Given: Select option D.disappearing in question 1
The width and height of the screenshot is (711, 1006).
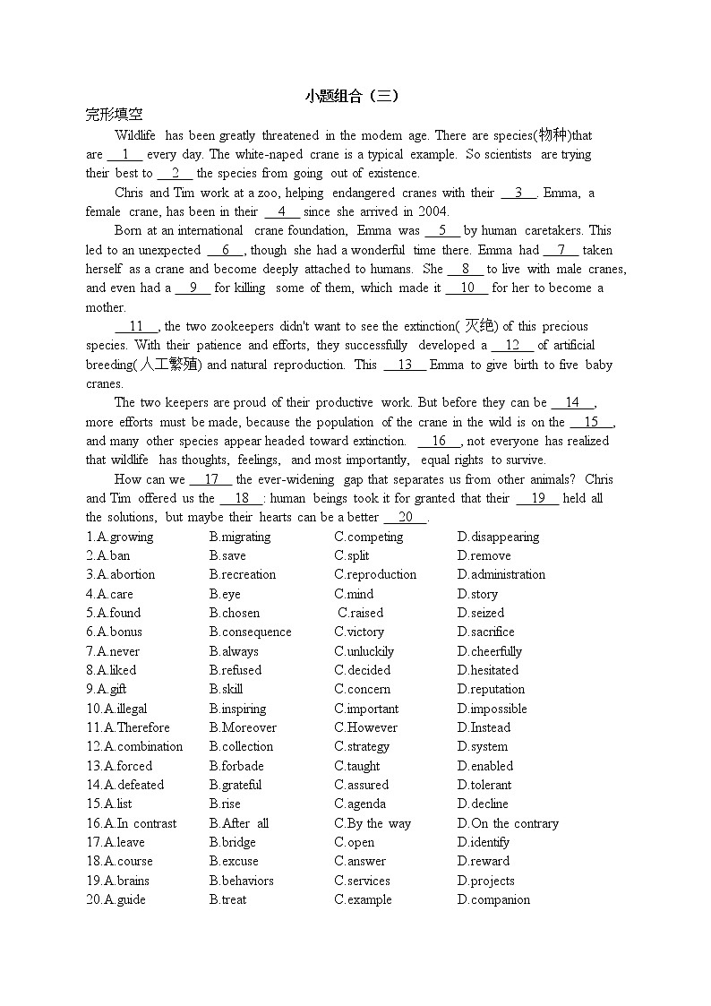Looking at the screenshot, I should click(x=498, y=537).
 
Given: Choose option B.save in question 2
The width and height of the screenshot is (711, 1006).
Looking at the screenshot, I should click(x=227, y=555).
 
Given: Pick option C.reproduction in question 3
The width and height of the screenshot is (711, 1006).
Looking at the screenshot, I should click(x=375, y=574).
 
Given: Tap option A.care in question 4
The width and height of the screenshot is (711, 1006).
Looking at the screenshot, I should click(x=109, y=594).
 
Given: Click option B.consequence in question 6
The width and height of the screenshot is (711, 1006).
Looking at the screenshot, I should click(x=250, y=632).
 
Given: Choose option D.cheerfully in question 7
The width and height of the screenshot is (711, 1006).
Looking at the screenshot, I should click(x=489, y=651).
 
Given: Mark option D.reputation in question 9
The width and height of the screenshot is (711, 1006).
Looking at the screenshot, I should click(x=491, y=689).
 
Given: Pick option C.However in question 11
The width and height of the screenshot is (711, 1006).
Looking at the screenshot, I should click(x=365, y=727).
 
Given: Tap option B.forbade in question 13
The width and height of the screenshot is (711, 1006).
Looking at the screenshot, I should click(x=236, y=766).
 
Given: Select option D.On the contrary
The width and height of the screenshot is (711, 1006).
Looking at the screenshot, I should click(x=507, y=823).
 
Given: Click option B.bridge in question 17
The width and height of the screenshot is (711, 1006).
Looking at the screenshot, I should click(x=232, y=842).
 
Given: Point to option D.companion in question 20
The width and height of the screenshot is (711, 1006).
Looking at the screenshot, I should click(x=493, y=899).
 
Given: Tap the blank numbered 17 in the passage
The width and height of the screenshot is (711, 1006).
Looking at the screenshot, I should click(x=211, y=480).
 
